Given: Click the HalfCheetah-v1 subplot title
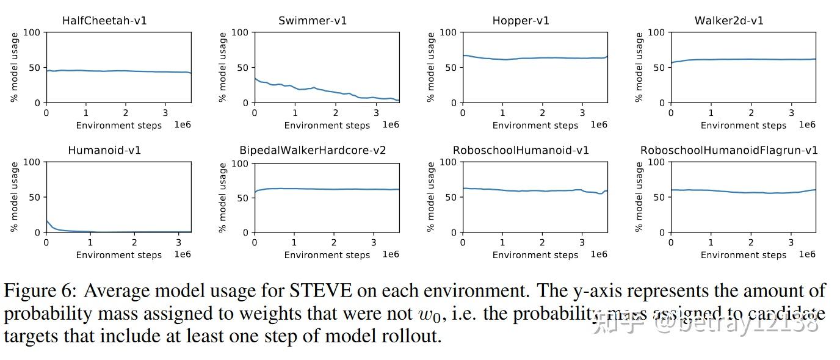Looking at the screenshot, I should point(104,21).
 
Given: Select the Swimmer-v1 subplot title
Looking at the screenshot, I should point(313,21).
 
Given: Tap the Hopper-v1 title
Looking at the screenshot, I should point(521,21).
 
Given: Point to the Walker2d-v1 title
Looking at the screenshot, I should point(729,21).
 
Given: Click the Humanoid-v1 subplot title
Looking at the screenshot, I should point(104,150).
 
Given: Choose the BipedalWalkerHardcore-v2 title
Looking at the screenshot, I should point(313,150).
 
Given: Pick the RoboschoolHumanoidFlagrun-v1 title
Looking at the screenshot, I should point(729,150).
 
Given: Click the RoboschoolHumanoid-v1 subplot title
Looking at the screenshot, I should point(521,150).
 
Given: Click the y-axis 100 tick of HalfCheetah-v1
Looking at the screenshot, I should point(32,32).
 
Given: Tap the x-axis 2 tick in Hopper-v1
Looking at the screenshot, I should point(542,113).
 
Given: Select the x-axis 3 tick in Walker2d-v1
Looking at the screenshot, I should point(791,113).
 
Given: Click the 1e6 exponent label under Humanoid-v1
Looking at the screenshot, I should point(182,254).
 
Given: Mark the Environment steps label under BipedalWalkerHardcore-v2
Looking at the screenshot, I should point(327,255).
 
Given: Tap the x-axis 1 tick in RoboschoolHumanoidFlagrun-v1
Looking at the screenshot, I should point(711,242).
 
